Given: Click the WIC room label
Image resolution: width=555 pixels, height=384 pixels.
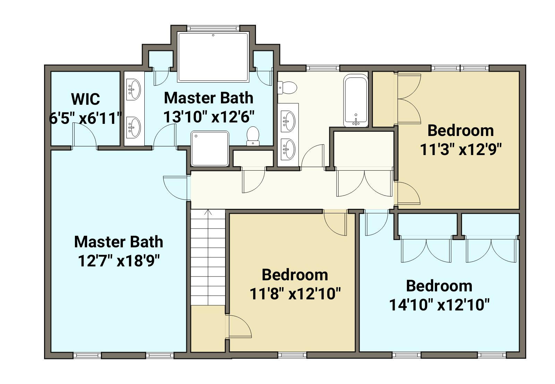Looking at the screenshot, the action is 85,99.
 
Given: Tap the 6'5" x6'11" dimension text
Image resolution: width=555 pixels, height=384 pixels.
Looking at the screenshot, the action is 85,118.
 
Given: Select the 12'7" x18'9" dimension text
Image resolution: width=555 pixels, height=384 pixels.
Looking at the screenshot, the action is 119,261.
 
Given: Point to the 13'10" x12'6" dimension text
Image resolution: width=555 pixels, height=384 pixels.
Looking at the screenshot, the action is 209,117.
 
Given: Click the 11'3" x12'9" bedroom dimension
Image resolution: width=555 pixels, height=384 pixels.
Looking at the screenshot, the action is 461,150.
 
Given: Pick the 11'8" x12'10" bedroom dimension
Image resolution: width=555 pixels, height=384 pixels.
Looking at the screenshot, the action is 295,294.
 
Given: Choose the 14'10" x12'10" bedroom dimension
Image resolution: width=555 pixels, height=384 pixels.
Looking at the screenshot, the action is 439,305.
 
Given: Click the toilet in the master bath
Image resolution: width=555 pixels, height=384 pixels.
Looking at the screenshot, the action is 253,136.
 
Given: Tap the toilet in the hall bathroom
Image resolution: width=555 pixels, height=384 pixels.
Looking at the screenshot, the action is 287,88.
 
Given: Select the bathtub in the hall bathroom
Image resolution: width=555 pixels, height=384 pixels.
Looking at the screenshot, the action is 356,101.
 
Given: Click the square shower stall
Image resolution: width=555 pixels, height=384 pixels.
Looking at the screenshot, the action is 210,149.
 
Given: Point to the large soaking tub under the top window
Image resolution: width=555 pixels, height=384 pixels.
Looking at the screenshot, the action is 213,57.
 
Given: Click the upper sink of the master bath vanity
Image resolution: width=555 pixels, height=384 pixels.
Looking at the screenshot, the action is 133,89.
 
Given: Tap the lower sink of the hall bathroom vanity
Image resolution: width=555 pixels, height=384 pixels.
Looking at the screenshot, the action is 288,149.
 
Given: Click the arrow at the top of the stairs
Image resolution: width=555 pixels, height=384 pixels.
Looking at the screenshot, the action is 208,212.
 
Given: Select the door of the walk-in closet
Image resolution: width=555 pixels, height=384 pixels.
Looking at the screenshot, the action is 84,136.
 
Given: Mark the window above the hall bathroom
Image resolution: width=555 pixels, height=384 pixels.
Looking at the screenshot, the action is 323,68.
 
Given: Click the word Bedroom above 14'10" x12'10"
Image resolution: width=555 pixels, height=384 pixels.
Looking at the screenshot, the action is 439,286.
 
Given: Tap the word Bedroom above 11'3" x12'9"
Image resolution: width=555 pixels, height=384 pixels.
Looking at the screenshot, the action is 461,130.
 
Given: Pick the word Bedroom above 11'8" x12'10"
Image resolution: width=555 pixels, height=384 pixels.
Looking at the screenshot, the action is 295,275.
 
